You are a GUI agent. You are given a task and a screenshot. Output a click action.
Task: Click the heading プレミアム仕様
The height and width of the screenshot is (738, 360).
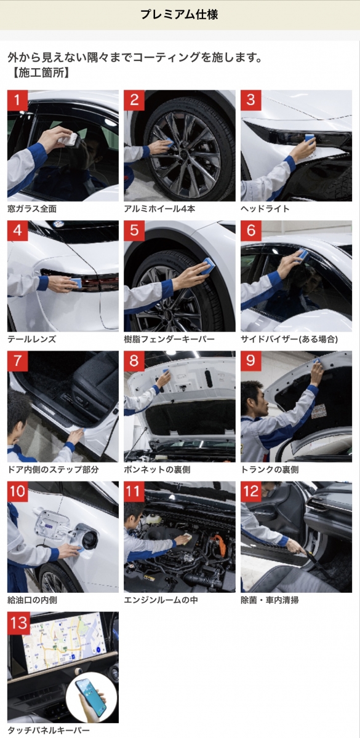click(x=179, y=15)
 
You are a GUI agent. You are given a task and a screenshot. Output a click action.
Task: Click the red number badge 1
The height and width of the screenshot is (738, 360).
click(x=17, y=100)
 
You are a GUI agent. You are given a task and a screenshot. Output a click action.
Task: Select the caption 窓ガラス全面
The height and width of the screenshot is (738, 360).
click(x=32, y=208)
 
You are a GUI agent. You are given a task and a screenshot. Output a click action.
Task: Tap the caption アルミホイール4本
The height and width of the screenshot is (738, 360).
click(x=159, y=208)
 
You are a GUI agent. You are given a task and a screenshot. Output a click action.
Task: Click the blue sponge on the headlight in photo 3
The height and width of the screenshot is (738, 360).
click(x=310, y=138)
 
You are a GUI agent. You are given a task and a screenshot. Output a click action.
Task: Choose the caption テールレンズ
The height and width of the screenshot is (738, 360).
click(x=31, y=339)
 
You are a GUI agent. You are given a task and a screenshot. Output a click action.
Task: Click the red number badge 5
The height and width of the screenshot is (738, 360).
click(x=134, y=231)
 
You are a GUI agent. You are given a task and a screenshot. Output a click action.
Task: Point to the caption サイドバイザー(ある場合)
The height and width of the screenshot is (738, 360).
click(x=289, y=339)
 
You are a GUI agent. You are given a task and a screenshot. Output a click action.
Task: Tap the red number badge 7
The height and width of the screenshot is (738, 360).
click(x=17, y=361)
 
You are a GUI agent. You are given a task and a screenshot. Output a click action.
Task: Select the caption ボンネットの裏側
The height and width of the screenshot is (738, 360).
click(x=158, y=469)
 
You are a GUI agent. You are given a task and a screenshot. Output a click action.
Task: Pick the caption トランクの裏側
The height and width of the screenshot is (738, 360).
click(x=270, y=469)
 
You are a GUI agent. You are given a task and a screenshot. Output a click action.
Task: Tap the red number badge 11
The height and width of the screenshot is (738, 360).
click(x=134, y=491)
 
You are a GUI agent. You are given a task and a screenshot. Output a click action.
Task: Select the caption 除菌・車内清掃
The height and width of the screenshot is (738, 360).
click(x=270, y=600)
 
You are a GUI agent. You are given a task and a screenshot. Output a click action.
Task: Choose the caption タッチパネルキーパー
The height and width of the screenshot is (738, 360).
click(x=49, y=731)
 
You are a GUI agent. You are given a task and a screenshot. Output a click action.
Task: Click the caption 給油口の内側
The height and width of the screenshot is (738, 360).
click(x=32, y=600)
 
